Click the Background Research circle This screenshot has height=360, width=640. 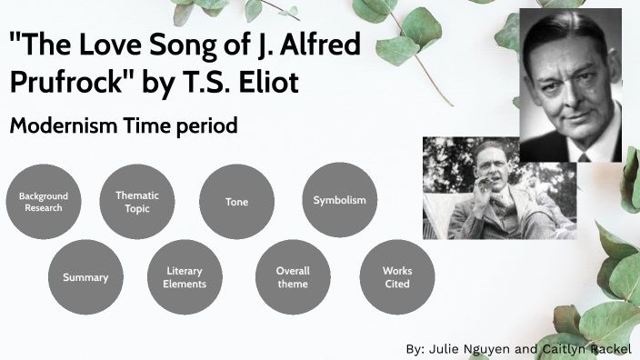pos(44,202)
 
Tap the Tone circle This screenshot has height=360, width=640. pos(236,202)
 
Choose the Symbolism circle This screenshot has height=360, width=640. pos(339,200)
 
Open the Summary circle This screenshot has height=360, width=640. pos(85,277)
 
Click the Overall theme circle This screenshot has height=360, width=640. pos(293,277)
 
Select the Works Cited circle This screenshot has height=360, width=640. pos(396,277)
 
